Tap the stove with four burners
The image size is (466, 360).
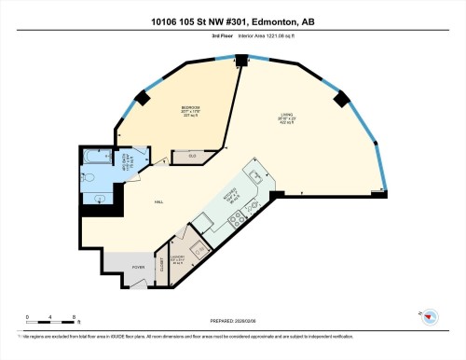(x=237, y=217)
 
